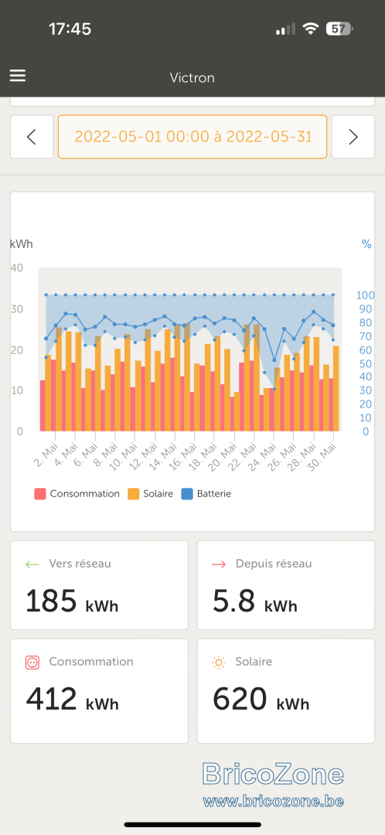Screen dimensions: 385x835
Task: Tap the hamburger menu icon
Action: point(18,76)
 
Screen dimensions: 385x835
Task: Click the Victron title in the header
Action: point(192,78)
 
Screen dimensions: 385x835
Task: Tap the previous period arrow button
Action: point(32,137)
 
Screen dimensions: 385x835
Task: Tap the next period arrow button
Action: point(353,137)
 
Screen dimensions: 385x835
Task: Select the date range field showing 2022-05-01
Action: point(192,137)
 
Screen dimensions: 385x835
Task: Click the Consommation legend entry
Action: point(77,493)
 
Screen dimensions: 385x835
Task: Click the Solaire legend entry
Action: point(151,493)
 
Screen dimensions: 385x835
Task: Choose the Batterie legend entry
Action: point(206,493)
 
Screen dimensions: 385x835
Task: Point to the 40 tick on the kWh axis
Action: point(16,268)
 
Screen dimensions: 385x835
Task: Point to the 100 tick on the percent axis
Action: point(366,295)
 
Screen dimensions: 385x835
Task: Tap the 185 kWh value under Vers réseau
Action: point(72,601)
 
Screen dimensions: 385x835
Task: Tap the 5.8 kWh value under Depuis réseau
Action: point(255,601)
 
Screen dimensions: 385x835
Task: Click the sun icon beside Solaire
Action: point(218,662)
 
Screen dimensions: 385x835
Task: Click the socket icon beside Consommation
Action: point(32,662)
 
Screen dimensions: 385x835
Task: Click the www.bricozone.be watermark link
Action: point(273,800)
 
